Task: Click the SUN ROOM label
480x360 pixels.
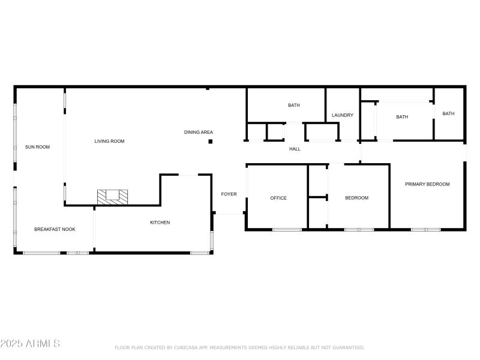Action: point(37,146)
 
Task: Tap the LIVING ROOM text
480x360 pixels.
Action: point(109,141)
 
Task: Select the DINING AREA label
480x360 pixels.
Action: point(198,132)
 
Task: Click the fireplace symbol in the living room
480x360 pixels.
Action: point(113,196)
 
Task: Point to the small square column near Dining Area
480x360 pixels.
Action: point(210,142)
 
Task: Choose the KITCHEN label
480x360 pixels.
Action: point(160,223)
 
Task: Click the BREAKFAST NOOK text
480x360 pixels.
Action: point(55,229)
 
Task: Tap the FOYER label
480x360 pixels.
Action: point(229,194)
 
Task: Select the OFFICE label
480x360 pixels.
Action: point(278,198)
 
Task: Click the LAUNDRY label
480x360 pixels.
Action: point(343,115)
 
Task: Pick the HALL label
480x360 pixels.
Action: point(295,149)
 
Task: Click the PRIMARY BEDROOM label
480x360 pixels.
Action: point(427,184)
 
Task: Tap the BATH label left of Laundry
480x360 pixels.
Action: point(293,106)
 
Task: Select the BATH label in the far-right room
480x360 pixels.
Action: point(448,113)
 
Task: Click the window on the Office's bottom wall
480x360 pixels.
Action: point(287,229)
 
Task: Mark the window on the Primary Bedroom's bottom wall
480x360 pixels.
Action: point(425,229)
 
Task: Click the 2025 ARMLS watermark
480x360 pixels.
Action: point(30,344)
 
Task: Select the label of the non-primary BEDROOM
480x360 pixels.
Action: point(356,198)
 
